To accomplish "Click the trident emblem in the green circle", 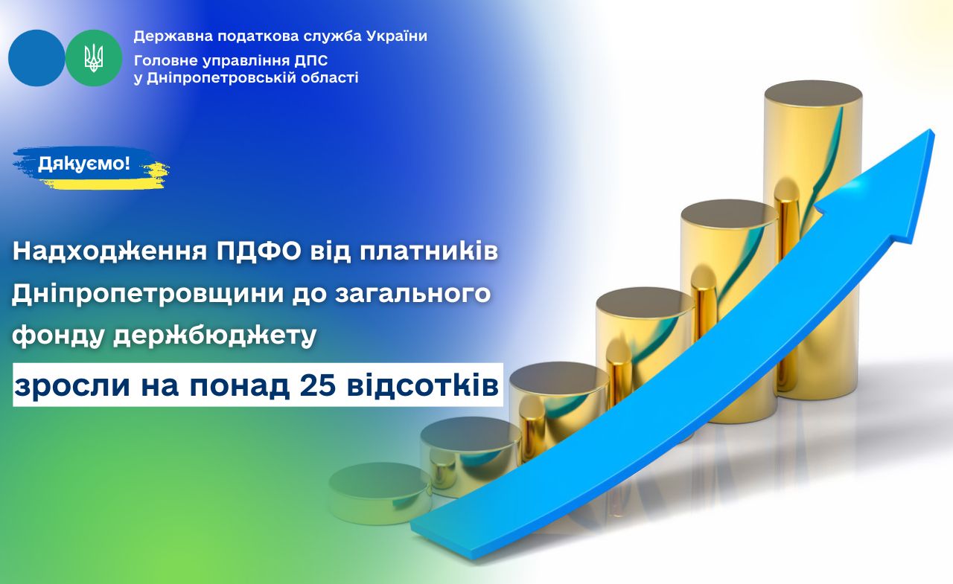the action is (94, 58).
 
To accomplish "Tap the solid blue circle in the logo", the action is (36, 58).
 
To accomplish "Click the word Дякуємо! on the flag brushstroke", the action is (84, 163).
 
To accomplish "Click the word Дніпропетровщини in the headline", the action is (147, 294).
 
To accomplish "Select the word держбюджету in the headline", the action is (215, 336).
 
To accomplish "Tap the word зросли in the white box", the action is (72, 387).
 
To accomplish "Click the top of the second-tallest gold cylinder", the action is (729, 215).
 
